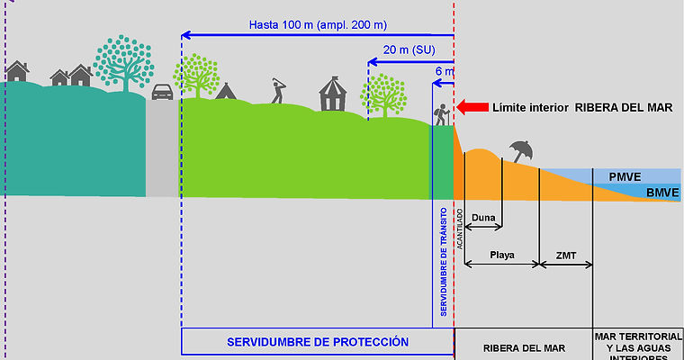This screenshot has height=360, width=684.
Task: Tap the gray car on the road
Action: pyautogui.click(x=162, y=92)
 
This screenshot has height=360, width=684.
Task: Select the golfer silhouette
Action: pyautogui.click(x=278, y=90)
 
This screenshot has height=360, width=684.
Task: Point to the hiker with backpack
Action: pyautogui.click(x=442, y=114)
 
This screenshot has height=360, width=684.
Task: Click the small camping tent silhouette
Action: pyautogui.click(x=225, y=90)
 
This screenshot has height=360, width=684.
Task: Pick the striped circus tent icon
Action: pyautogui.click(x=332, y=93)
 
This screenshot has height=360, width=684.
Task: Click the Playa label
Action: pyautogui.click(x=502, y=255)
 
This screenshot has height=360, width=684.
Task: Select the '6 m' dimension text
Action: pyautogui.click(x=445, y=70)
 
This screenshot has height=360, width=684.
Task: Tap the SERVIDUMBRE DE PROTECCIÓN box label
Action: pyautogui.click(x=318, y=342)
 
